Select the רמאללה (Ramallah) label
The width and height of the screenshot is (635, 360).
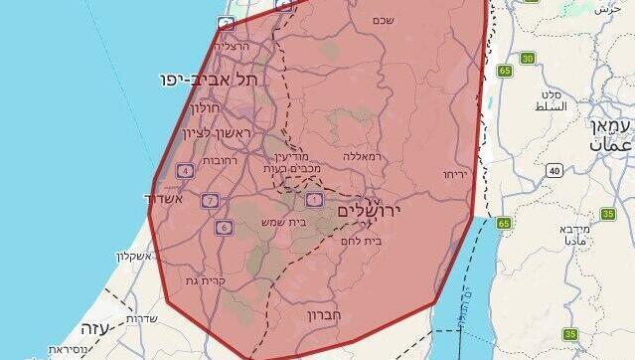click(x=362, y=156)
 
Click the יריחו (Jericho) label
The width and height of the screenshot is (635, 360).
click(x=456, y=174)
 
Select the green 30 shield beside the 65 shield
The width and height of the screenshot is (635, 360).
click(x=527, y=59)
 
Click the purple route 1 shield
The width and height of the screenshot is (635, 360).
click(x=314, y=200)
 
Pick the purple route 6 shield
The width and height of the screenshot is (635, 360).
click(x=224, y=228)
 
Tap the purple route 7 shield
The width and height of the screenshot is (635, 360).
click(x=209, y=201)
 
